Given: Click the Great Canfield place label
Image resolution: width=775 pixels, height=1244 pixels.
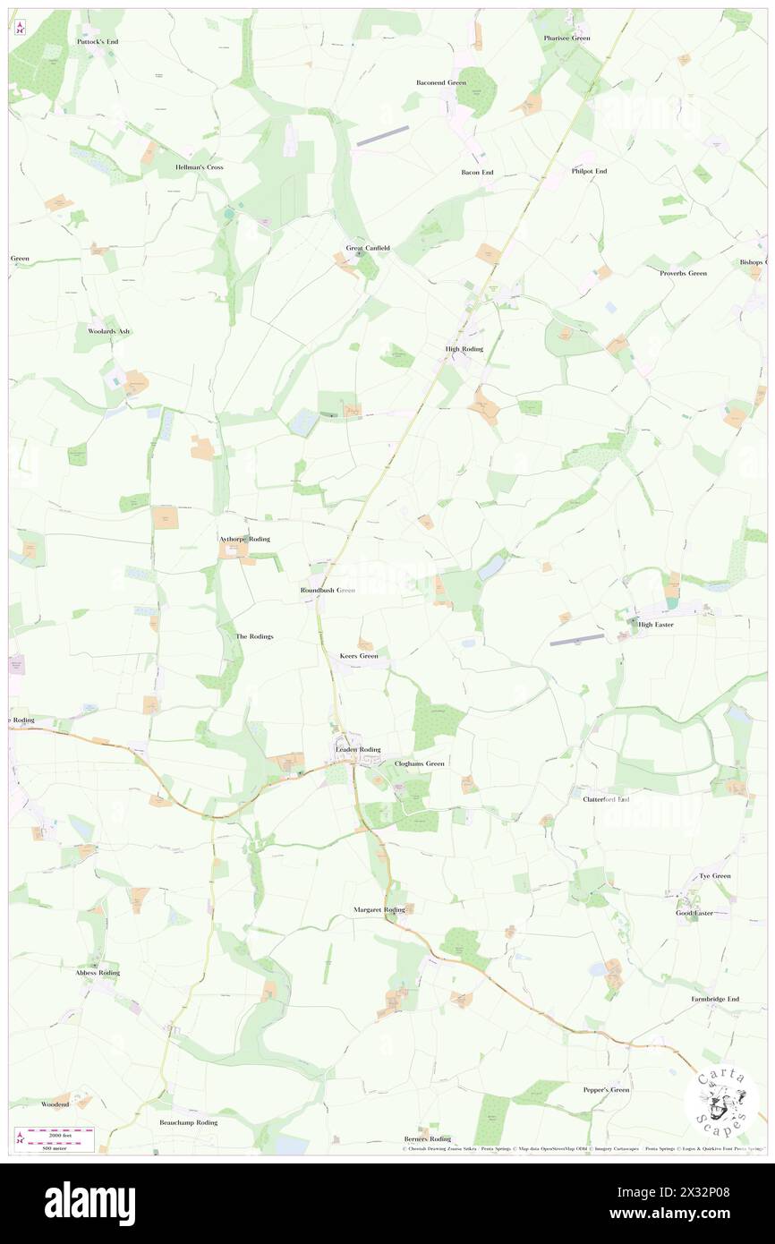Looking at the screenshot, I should click(368, 248).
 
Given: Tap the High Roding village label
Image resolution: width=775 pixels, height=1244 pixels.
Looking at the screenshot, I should click(464, 349).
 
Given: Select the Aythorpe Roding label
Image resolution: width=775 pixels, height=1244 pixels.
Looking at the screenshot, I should click(244, 540).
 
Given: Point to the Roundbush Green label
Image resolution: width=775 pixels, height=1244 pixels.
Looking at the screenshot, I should click(328, 591).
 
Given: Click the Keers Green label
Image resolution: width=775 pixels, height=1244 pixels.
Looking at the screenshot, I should click(359, 656).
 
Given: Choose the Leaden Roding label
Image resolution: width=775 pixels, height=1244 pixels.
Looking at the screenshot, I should click(357, 749).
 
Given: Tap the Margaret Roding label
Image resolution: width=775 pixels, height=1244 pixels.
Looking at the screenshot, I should click(379, 909).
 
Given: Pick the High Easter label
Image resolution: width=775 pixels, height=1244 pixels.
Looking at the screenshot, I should click(655, 625).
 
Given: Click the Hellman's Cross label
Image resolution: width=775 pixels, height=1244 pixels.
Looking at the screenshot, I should click(200, 167).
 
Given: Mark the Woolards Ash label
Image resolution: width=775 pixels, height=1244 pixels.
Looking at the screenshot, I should click(108, 331).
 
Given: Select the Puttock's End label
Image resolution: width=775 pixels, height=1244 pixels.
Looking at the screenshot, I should click(98, 42).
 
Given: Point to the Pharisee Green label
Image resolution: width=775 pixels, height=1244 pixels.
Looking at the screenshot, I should click(566, 38).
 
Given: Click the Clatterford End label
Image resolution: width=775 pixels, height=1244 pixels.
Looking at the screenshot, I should click(607, 798).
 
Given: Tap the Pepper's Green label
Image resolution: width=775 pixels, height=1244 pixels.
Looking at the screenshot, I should click(606, 1090).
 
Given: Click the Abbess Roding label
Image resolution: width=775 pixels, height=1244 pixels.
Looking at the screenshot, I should click(98, 972).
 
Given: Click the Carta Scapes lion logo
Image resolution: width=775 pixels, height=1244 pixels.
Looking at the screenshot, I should click(721, 1103).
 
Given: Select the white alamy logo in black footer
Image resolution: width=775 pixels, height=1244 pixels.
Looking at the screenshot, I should click(89, 1203).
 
